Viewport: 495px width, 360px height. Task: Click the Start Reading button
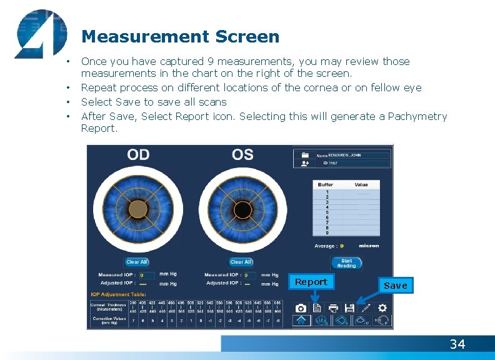(x=346, y=263)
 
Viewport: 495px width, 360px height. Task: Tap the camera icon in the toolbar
(x=301, y=307)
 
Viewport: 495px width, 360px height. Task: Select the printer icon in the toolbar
(x=333, y=307)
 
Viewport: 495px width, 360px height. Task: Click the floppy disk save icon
(x=349, y=307)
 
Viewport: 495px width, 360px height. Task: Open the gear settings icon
(x=382, y=307)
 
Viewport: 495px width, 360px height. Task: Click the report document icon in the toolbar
(x=317, y=307)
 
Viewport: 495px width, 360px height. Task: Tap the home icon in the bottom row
(x=301, y=321)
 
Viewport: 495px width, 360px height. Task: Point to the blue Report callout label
(x=311, y=282)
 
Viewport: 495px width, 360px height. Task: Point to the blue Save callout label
(x=395, y=285)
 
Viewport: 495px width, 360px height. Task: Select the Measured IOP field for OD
(x=146, y=275)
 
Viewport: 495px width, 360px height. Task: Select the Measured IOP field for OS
(x=249, y=275)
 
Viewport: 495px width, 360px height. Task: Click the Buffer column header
(x=326, y=185)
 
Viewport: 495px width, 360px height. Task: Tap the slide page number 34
(x=457, y=344)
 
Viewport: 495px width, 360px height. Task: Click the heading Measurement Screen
(x=180, y=37)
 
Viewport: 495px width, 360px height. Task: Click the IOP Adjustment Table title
(x=119, y=294)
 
